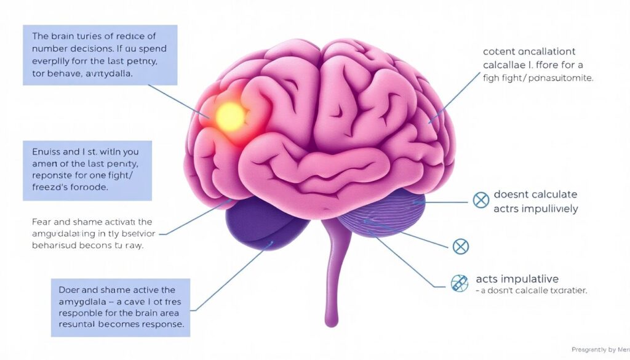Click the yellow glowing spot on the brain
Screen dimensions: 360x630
coord(230,114)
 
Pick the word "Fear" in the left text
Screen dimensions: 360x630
coord(41,222)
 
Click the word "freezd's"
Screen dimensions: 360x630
coord(49,188)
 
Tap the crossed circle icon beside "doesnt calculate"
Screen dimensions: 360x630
coord(480,199)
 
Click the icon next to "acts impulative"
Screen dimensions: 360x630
coord(459,282)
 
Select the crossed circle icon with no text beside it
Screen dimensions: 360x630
coord(460,247)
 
